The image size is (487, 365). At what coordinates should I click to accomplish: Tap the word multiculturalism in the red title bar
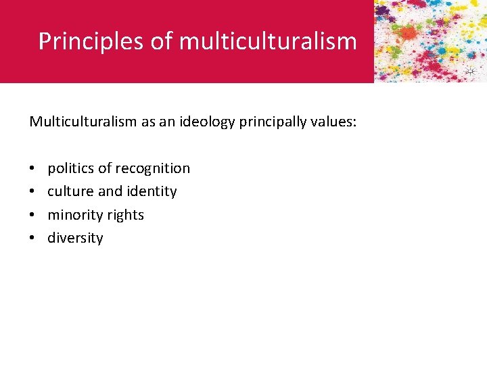[268, 41]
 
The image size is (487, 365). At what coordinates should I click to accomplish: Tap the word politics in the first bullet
[71, 168]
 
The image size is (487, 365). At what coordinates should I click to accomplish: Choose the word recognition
[153, 168]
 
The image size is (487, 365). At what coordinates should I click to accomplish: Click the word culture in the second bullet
[71, 191]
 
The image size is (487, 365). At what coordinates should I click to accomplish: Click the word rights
[126, 215]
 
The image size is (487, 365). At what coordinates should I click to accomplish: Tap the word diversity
[75, 238]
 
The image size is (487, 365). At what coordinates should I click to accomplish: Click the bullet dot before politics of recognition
[32, 168]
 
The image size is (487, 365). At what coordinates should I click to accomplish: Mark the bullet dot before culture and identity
[32, 191]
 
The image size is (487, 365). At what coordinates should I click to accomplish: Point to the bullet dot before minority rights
[32, 215]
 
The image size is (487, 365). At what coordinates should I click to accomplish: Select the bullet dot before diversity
[32, 238]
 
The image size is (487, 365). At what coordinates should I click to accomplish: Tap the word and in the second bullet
[110, 191]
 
